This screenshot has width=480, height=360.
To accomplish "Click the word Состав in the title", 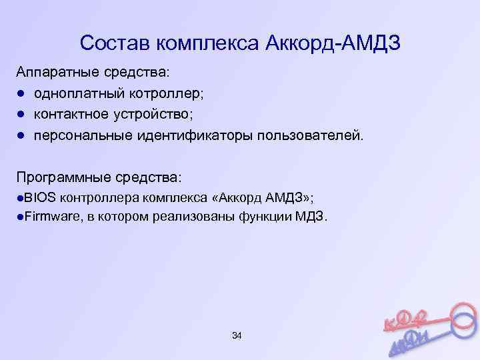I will pyautogui.click(x=114, y=44).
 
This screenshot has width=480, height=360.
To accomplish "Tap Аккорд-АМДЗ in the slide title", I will pyautogui.click(x=333, y=44).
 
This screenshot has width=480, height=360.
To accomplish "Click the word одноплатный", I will pyautogui.click(x=74, y=93).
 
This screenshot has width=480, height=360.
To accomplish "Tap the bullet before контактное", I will pyautogui.click(x=21, y=115).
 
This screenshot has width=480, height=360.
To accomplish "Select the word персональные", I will pyautogui.click(x=83, y=136).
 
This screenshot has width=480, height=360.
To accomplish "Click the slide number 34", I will pyautogui.click(x=237, y=335).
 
